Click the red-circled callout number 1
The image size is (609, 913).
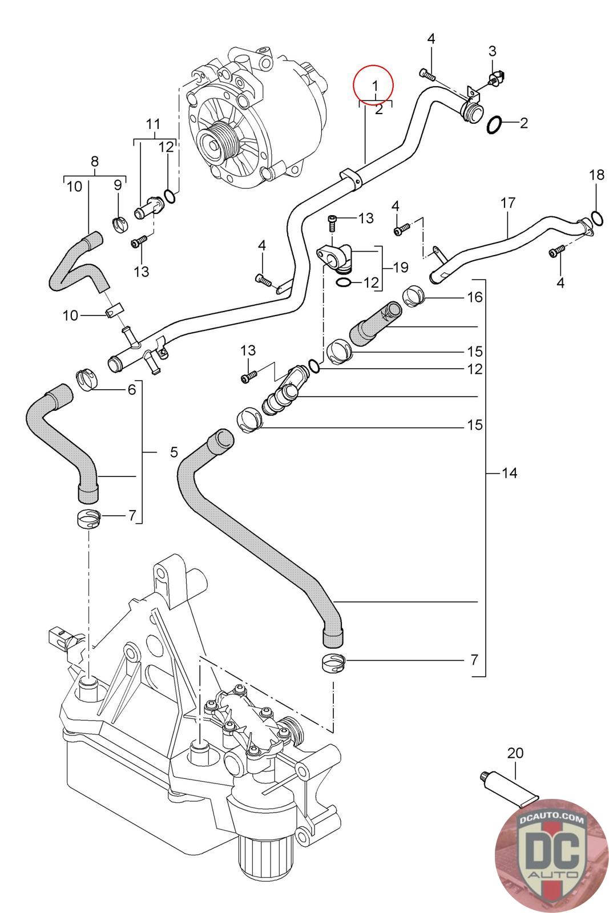pos(374,86)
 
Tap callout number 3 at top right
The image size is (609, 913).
pos(492,50)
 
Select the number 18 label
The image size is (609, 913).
pos(596,175)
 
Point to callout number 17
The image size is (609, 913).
pos(508,203)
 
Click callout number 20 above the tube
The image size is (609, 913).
pos(515,753)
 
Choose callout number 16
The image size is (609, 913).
pos(474,297)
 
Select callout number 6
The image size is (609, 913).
pos(132,390)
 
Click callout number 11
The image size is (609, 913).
pos(153,124)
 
